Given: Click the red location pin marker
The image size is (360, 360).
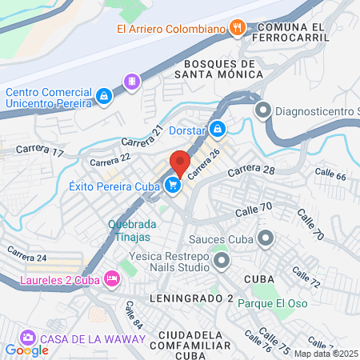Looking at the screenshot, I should pyautogui.click(x=180, y=162).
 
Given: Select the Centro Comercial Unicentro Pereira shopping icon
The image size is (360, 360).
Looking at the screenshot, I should pyautogui.click(x=103, y=97).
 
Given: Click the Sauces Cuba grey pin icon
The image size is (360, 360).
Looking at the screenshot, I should pyautogui.click(x=266, y=238).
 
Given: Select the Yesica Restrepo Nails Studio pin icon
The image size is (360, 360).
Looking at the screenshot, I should pyautogui.click(x=222, y=261).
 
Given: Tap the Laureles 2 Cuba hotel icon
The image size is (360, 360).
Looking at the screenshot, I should pyautogui.click(x=112, y=279).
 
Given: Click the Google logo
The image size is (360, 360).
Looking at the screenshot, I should pyautogui.click(x=26, y=350).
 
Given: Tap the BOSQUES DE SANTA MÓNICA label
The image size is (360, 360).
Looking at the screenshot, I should pyautogui.click(x=223, y=69).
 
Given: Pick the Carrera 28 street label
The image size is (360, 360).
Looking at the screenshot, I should pyautogui.click(x=250, y=171).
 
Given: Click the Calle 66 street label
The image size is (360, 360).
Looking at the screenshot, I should pyautogui.click(x=330, y=175).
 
